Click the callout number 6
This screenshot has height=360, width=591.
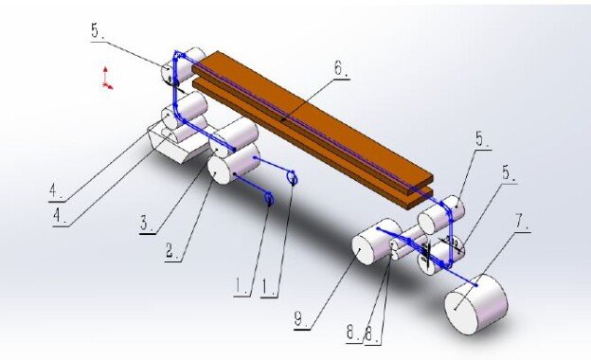tap(340, 69)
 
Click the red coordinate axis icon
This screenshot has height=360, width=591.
tap(107, 79)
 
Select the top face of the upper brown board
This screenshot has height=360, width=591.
tap(303, 114)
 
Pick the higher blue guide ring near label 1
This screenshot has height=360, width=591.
tap(293, 177)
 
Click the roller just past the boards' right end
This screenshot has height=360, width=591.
tap(441, 213)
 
